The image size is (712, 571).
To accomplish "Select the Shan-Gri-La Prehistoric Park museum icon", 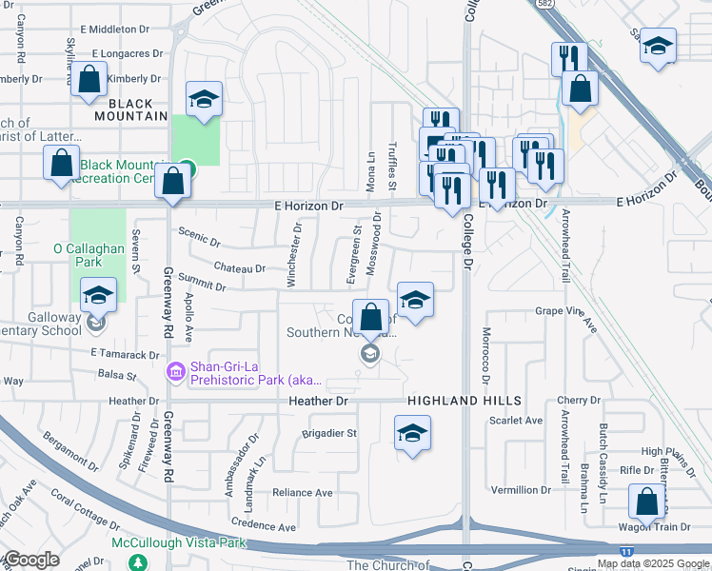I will pyautogui.click(x=175, y=370).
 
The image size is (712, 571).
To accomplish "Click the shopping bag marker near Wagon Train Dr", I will pyautogui.click(x=646, y=500).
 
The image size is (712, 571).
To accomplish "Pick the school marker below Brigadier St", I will pyautogui.click(x=413, y=433).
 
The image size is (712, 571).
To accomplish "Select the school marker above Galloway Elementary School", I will pyautogui.click(x=98, y=295).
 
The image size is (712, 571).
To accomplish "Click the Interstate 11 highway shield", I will pyautogui.click(x=624, y=551).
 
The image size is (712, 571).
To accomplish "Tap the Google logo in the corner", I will pyautogui.click(x=30, y=560).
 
